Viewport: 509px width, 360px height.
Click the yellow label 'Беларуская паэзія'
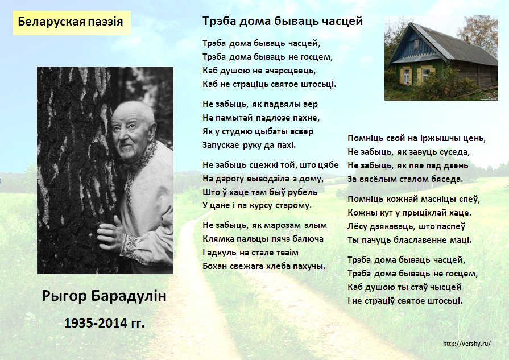coord(72,23)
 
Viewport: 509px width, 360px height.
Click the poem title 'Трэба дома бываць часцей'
coord(283,22)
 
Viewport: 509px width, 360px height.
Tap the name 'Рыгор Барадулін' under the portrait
coord(104,296)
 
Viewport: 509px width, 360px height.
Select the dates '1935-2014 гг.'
coord(104,323)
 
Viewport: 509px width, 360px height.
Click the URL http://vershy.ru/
coord(467,344)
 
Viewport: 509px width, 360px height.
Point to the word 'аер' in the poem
coord(311,105)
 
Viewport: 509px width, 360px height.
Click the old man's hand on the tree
coord(110,233)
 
